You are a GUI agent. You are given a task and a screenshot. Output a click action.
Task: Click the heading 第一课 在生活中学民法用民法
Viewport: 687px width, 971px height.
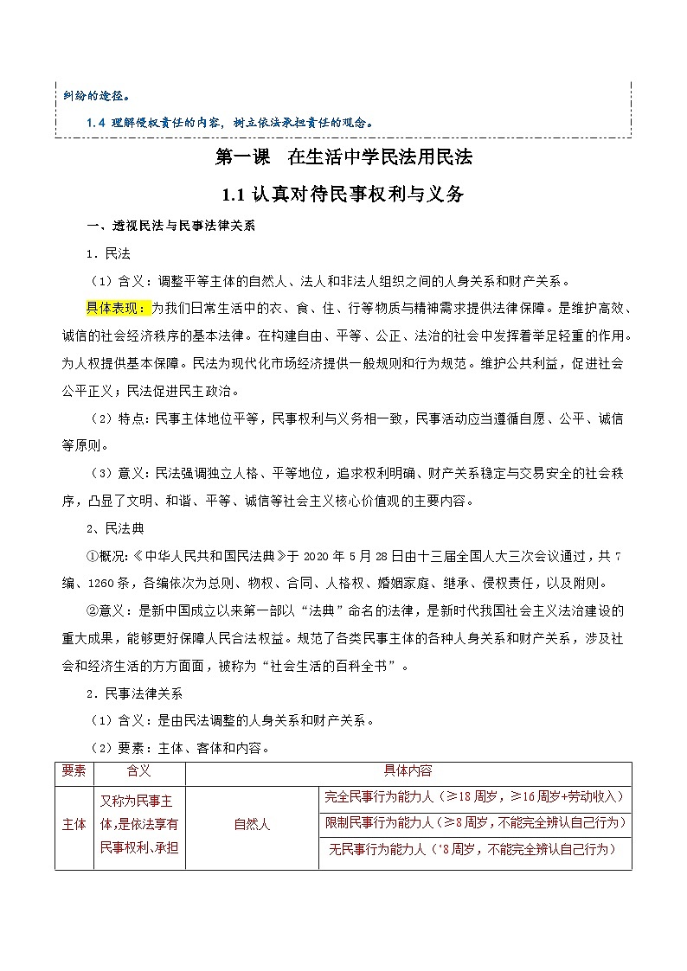click(343, 158)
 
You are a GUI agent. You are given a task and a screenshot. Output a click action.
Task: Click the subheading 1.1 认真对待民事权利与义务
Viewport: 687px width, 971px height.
click(343, 195)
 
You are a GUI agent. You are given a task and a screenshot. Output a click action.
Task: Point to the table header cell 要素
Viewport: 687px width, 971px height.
click(74, 770)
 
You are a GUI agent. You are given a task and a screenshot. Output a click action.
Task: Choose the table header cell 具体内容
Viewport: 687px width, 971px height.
click(408, 770)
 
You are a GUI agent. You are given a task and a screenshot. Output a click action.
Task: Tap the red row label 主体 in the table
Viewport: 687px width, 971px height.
click(74, 824)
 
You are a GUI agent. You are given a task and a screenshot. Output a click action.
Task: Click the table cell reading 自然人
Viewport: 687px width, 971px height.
click(252, 824)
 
